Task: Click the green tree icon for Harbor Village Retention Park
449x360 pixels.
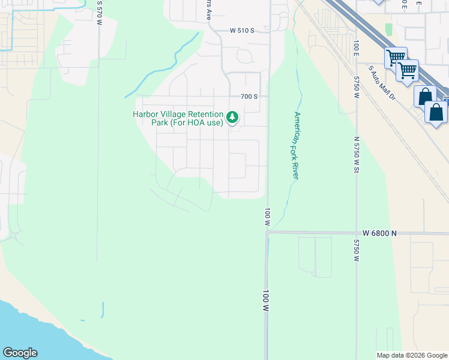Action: coord(232,116)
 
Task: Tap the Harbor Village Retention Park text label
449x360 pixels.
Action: coord(178,118)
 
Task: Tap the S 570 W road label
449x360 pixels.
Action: coord(100,8)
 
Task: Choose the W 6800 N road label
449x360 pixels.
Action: coord(379,233)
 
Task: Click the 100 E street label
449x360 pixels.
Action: coord(356,46)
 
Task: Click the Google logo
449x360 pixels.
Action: coord(20,353)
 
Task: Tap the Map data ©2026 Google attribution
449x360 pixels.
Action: coord(412,355)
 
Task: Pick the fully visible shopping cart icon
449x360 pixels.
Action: coord(407,71)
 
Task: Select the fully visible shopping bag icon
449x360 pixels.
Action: coord(436,112)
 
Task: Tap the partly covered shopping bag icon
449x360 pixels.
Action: coord(424,96)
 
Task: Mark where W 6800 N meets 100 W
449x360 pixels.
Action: coord(267,232)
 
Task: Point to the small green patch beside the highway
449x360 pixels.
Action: coord(388,28)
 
